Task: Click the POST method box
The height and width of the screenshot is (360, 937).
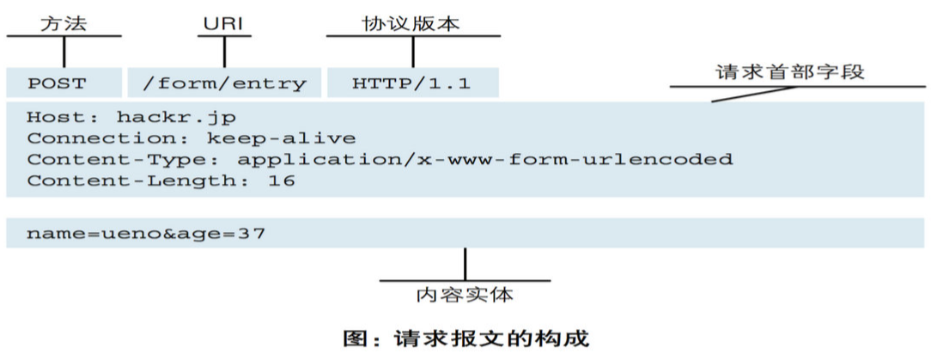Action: pyautogui.click(x=64, y=82)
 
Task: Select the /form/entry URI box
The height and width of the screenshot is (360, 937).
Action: pyautogui.click(x=224, y=82)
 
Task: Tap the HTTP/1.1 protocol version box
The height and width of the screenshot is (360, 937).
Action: pyautogui.click(x=413, y=82)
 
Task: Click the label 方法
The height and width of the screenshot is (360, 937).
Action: pyautogui.click(x=64, y=23)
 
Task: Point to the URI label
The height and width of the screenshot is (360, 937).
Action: pyautogui.click(x=225, y=24)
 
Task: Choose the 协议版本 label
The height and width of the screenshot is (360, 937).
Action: pyautogui.click(x=411, y=23)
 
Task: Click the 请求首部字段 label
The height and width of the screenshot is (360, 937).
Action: pyautogui.click(x=790, y=72)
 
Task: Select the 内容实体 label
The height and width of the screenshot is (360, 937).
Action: pyautogui.click(x=465, y=295)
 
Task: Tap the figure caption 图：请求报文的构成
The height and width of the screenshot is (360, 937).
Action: pyautogui.click(x=466, y=338)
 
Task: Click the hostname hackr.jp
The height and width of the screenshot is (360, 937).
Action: pyautogui.click(x=176, y=117)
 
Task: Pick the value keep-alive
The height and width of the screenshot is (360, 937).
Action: pyautogui.click(x=281, y=138)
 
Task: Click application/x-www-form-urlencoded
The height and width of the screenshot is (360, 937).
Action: pyautogui.click(x=484, y=160)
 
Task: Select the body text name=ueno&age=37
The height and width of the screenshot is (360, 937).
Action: pyautogui.click(x=146, y=233)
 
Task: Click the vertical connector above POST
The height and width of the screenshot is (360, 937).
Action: pyautogui.click(x=64, y=52)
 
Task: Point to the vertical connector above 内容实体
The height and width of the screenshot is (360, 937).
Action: pyautogui.click(x=465, y=265)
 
